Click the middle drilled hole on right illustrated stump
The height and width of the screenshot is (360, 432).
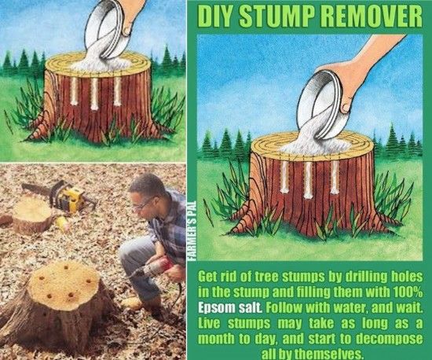click(309, 178)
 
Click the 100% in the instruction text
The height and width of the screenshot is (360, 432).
click(408, 290)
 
